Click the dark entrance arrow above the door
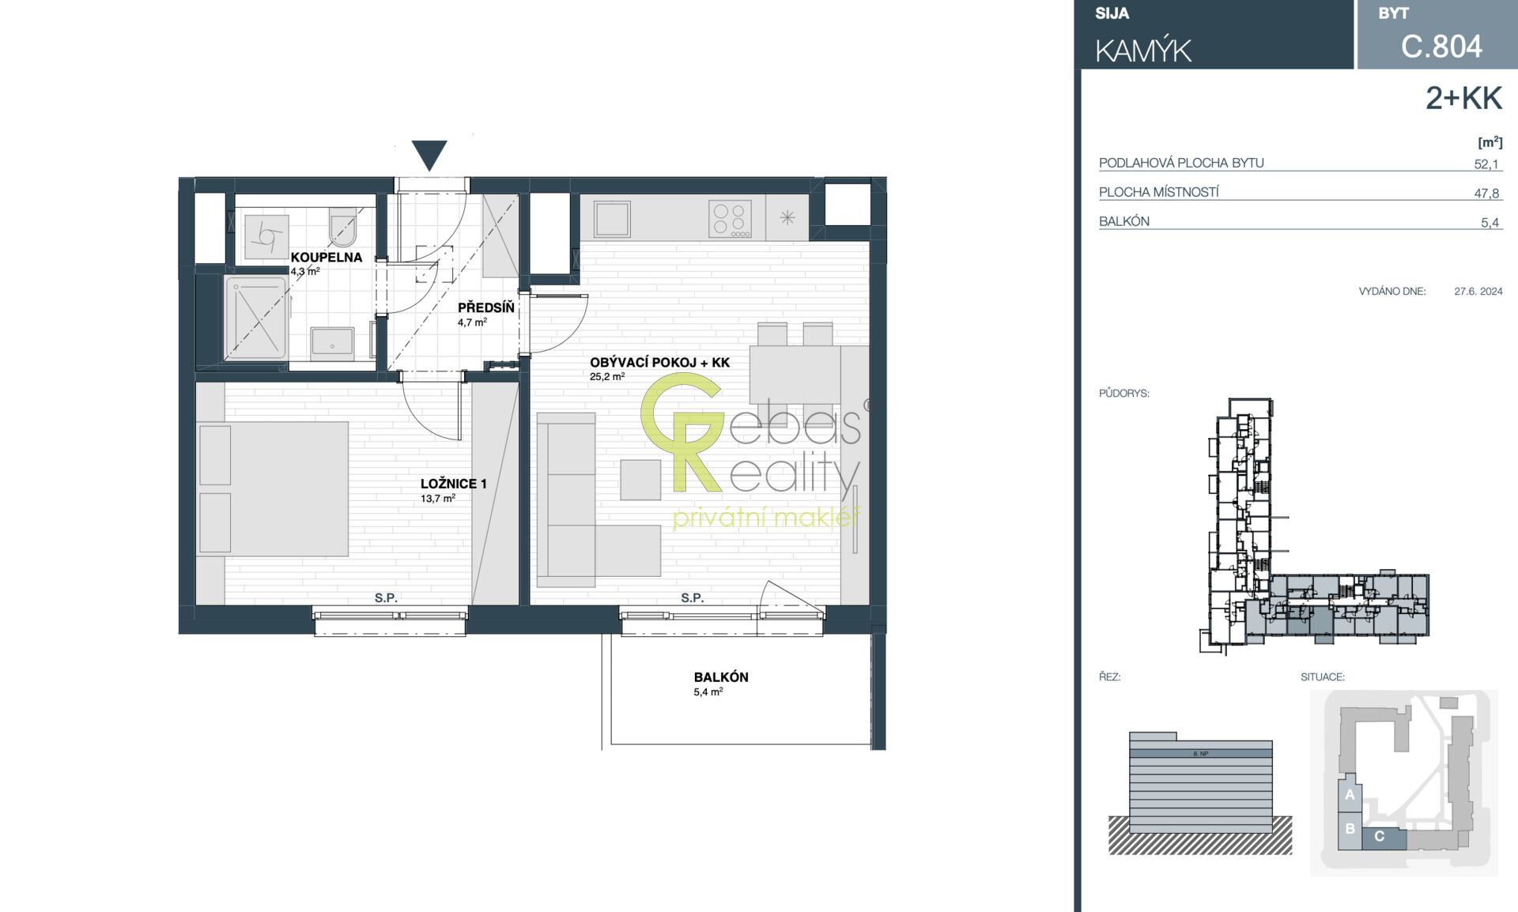tap(429, 154)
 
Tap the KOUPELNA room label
tap(327, 257)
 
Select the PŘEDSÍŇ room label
tap(485, 307)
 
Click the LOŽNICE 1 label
tap(453, 484)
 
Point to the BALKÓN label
tap(721, 677)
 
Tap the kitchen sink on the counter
tap(613, 218)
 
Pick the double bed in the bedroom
tap(273, 488)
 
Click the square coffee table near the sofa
tap(640, 480)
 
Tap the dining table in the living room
tap(795, 375)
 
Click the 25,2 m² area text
tap(607, 377)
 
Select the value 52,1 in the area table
tap(1486, 164)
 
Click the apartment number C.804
tap(1441, 47)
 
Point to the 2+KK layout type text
tap(1463, 98)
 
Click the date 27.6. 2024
tap(1478, 291)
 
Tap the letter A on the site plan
tap(1350, 795)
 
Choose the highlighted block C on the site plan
tap(1384, 838)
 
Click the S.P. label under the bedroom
tap(386, 598)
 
